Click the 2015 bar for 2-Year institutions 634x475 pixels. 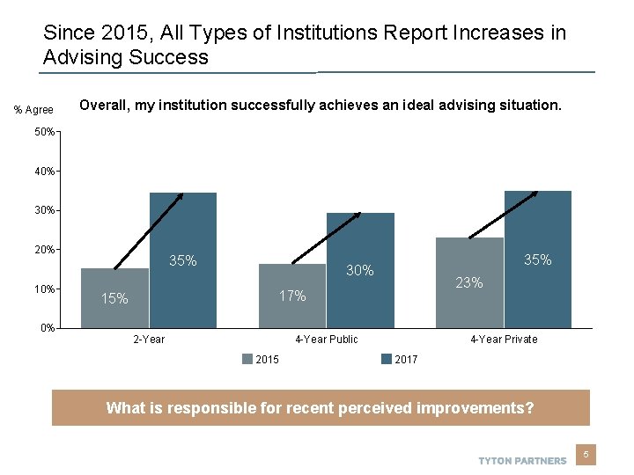pyautogui.click(x=115, y=298)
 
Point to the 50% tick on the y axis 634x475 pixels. pyautogui.click(x=45, y=132)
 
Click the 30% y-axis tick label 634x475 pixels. pyautogui.click(x=45, y=210)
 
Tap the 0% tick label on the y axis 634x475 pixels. pyautogui.click(x=48, y=328)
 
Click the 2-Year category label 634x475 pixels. pyautogui.click(x=148, y=340)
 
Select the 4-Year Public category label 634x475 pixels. pyautogui.click(x=327, y=340)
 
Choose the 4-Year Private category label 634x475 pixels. pyautogui.click(x=504, y=340)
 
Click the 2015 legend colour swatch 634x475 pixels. pyautogui.click(x=247, y=359)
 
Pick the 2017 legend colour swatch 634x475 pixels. pyautogui.click(x=387, y=359)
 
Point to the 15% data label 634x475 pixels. pyautogui.click(x=114, y=299)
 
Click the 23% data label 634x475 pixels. pyautogui.click(x=469, y=283)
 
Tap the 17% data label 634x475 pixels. pyautogui.click(x=292, y=296)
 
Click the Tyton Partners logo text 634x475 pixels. pyautogui.click(x=522, y=460)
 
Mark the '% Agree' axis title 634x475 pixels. pyautogui.click(x=33, y=110)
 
